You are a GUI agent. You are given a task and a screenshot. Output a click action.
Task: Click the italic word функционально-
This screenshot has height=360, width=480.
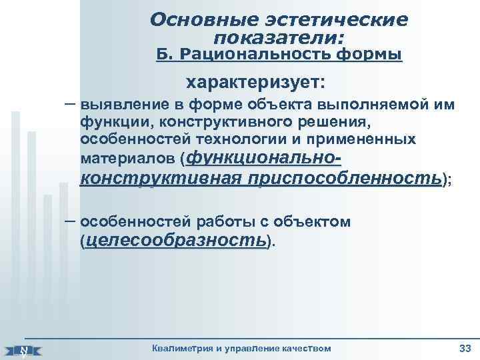click(x=266, y=159)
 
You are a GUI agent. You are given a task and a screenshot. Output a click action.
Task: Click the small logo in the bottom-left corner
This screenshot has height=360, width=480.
click(x=23, y=350)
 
